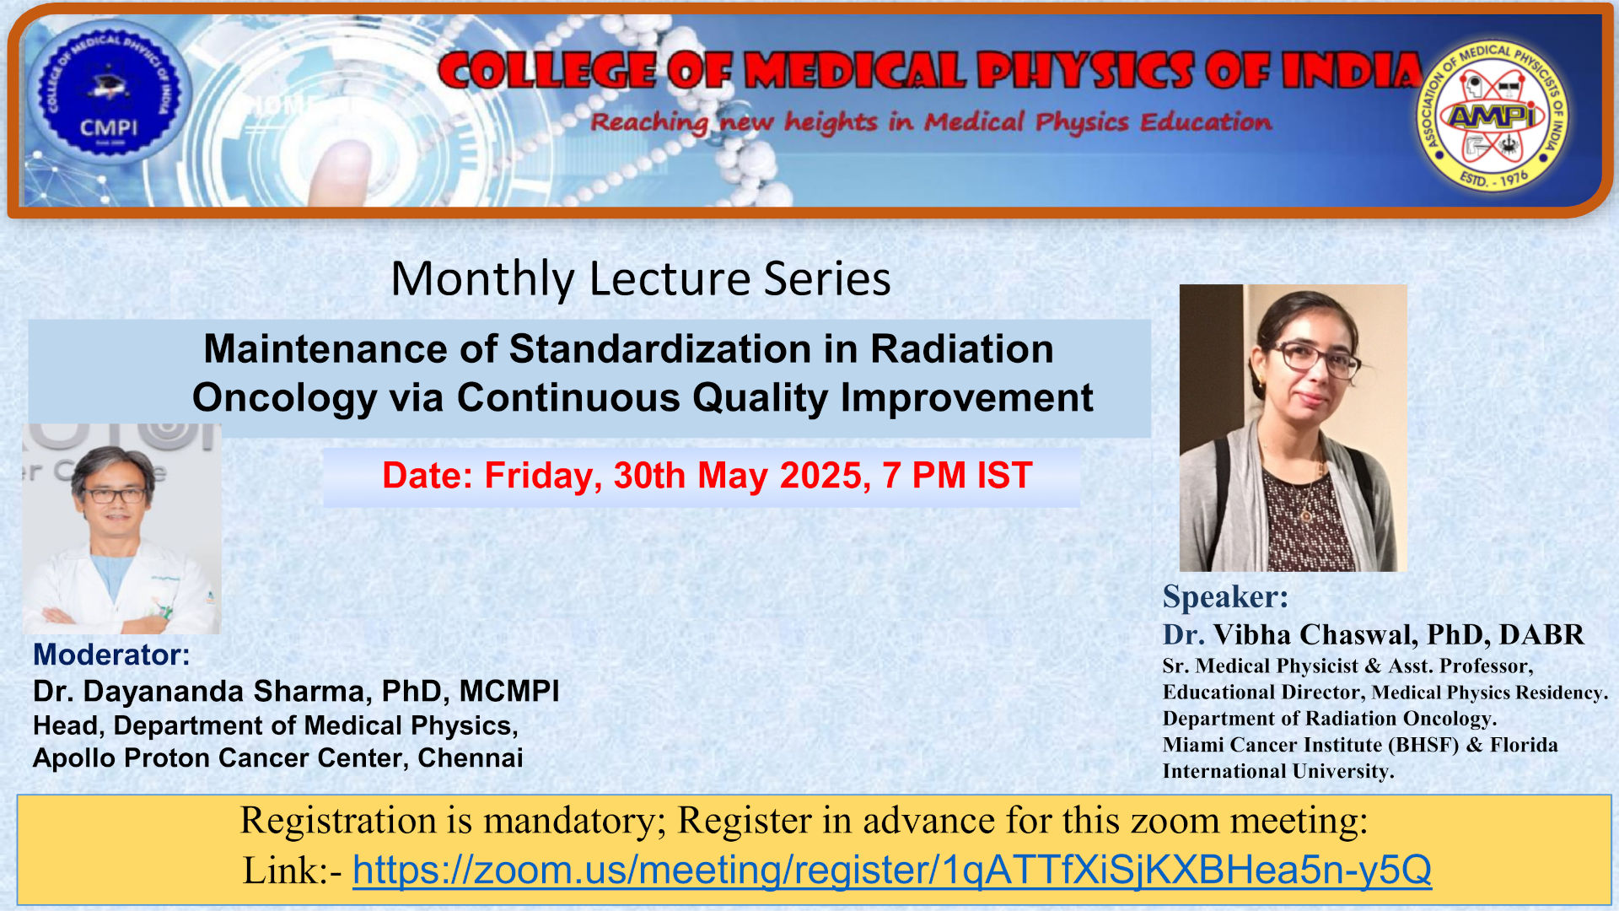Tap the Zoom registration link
(x=892, y=870)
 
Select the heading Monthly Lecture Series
(x=641, y=278)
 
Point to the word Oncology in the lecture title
(x=285, y=398)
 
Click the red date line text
(x=707, y=476)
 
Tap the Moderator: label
(x=111, y=655)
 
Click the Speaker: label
(x=1225, y=596)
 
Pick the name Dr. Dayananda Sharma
(x=199, y=691)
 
